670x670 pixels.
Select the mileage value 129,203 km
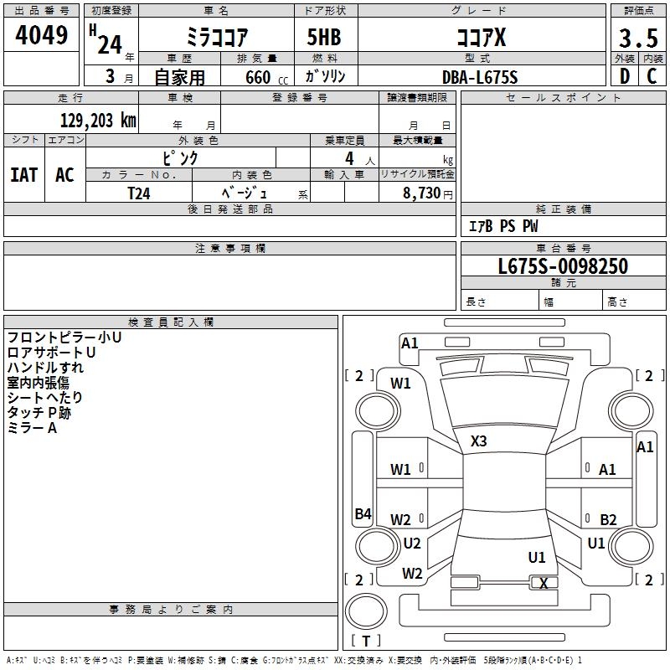(98, 121)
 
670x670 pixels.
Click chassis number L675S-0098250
(563, 267)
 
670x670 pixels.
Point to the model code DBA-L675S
(480, 76)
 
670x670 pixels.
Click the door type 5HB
(325, 39)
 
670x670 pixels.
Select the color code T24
(139, 193)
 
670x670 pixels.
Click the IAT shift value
(23, 175)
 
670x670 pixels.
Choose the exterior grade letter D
(624, 76)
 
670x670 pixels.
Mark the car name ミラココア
(215, 39)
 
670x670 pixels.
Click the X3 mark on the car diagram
(479, 441)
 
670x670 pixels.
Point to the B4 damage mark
(363, 514)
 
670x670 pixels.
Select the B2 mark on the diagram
(608, 519)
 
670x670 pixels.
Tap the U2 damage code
(412, 543)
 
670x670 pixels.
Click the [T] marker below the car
(366, 641)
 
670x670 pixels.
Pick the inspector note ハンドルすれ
(45, 368)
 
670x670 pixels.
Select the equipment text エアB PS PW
(502, 226)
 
